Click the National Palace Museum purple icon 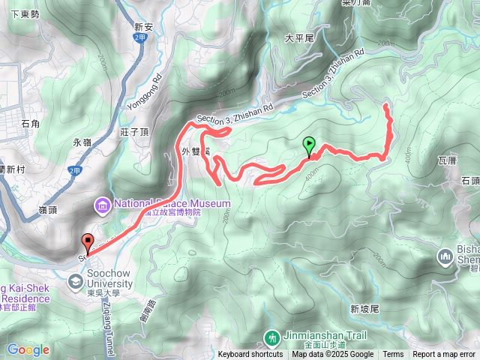tap(102, 204)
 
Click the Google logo tap(28, 349)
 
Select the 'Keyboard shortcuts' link tap(250, 355)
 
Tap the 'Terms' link tap(393, 355)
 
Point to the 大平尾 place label tap(298, 37)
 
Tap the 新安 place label tap(143, 27)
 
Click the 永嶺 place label tap(82, 141)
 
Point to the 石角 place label tap(31, 123)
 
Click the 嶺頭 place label tap(47, 210)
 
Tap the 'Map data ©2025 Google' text tap(333, 355)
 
